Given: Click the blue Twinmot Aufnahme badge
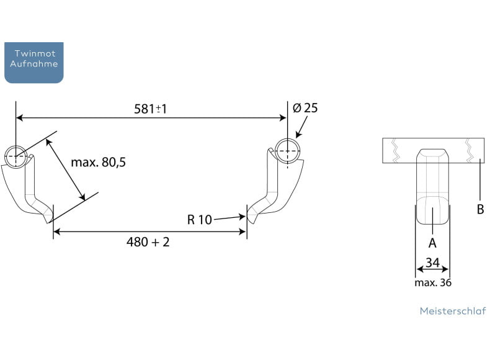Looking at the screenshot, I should [x=33, y=62].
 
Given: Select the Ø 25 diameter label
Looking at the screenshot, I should [x=305, y=108].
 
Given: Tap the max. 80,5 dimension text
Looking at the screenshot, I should [x=98, y=163].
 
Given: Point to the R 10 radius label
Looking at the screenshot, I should [x=200, y=219].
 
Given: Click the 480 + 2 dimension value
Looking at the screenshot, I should [x=148, y=242].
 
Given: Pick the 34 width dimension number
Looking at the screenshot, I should [x=432, y=263].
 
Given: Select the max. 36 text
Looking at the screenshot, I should [x=433, y=283].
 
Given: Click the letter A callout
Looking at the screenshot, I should [x=432, y=243].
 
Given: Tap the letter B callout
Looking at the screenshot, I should [x=480, y=209].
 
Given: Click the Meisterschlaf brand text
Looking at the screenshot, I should [x=452, y=311].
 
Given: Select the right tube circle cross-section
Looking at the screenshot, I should [x=288, y=150].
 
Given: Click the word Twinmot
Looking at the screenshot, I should [x=33, y=54].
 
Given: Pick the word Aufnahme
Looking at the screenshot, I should [x=33, y=64].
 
